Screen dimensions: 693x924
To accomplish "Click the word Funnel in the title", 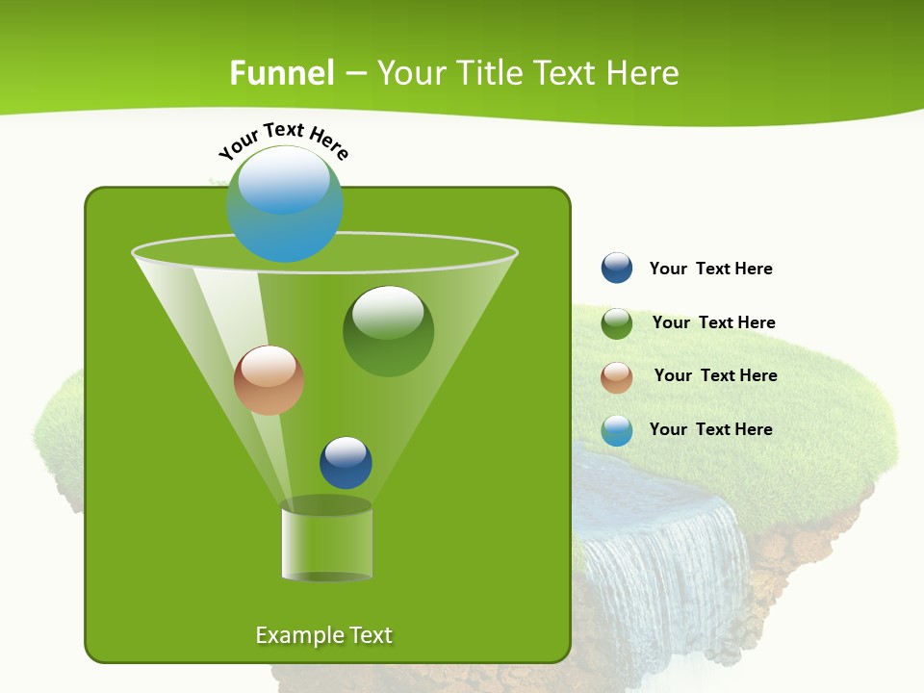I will pos(282,73).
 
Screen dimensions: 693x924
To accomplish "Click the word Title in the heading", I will pos(487,73).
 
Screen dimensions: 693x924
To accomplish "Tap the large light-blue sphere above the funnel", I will pos(285,204).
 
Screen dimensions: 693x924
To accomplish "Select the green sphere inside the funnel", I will pos(389,331).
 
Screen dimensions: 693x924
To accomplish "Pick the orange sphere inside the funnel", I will pos(269,380).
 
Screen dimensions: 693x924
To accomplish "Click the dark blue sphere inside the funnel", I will pos(346,462).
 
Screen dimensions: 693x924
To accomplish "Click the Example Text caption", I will pos(323,635).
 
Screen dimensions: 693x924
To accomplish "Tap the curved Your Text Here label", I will pos(283,139).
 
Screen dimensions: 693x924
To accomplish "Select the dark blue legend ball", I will pos(617,268).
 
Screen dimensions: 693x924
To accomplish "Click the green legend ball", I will pos(617,322).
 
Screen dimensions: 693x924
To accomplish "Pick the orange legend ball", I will pos(617,376).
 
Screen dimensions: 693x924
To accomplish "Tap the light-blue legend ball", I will pos(617,430).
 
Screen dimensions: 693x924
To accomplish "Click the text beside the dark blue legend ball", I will pos(710,269).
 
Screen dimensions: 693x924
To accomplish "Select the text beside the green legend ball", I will pos(713,322).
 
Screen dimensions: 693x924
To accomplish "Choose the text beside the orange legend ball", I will pos(715,375).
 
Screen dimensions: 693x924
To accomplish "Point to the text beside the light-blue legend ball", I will pos(710,429).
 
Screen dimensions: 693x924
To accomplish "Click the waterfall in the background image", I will pos(664,558).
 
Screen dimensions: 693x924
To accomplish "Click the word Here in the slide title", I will pos(644,73).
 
